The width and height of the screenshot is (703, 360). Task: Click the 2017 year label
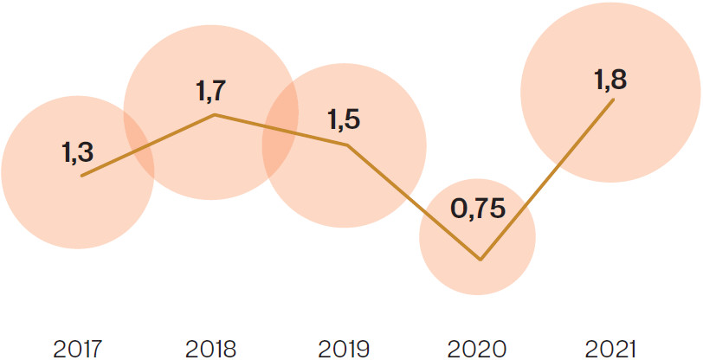[x=77, y=349]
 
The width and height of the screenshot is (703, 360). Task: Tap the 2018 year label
[x=210, y=349]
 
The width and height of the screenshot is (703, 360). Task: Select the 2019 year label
[x=344, y=349]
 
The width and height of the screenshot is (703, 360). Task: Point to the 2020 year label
[x=477, y=349]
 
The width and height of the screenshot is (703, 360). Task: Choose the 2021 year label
[x=610, y=349]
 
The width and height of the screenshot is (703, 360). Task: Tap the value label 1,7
[x=210, y=89]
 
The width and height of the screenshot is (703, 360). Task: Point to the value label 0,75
[x=476, y=210]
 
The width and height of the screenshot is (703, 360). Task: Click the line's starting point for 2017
[x=81, y=176]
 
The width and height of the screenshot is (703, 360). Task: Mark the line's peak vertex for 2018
[x=214, y=114]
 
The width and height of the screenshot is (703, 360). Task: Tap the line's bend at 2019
[x=347, y=145]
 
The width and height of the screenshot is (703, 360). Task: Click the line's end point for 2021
[x=614, y=100]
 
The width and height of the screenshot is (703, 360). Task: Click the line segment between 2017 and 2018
[x=147, y=145]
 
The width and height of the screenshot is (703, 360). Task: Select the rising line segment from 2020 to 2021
[x=547, y=180]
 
